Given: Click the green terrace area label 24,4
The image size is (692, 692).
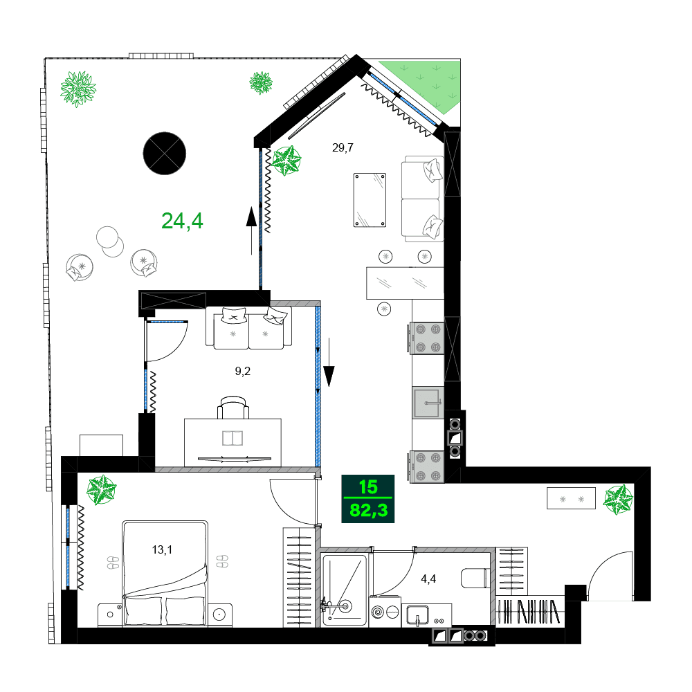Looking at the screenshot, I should [x=182, y=221].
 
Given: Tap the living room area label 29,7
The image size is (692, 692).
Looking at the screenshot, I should [x=343, y=147].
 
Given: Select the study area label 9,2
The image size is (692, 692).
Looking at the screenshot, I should [x=242, y=371].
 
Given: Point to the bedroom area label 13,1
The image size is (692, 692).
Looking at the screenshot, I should [x=162, y=550].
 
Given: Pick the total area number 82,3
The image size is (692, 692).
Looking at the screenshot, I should [x=368, y=511].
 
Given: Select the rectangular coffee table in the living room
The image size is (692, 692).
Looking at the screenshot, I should [x=370, y=199].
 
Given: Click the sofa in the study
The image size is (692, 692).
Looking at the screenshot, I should [x=248, y=327].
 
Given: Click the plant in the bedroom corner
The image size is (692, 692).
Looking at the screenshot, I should [x=102, y=490].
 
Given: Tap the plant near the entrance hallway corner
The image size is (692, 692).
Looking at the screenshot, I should [x=618, y=499].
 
